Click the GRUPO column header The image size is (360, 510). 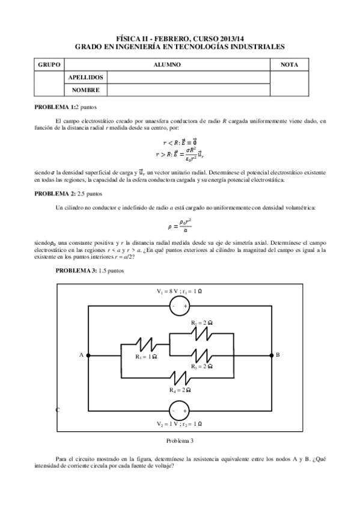pyautogui.click(x=49, y=65)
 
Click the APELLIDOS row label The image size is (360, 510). pyautogui.click(x=87, y=78)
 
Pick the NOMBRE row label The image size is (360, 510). pyautogui.click(x=85, y=90)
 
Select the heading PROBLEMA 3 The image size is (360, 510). pyautogui.click(x=76, y=271)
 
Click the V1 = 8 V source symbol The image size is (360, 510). pyautogui.click(x=179, y=306)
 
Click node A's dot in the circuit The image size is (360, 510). pyautogui.click(x=88, y=355)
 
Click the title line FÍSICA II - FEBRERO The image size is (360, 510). pyautogui.click(x=180, y=37)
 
